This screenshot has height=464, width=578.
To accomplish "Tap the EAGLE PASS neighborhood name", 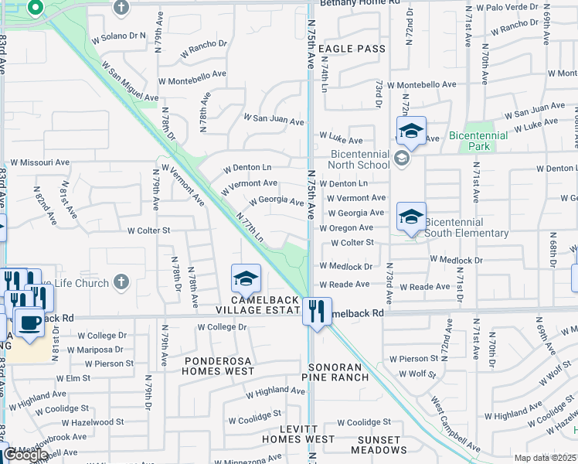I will tap(352, 49).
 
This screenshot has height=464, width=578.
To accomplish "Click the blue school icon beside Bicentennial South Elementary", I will tap(411, 217).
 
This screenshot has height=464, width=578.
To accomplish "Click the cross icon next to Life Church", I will tap(121, 283).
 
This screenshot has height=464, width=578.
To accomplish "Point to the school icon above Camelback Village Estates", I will tap(246, 278).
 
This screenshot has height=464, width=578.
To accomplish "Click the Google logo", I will tap(25, 455).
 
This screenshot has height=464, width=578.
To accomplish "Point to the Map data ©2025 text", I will tap(544, 458).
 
